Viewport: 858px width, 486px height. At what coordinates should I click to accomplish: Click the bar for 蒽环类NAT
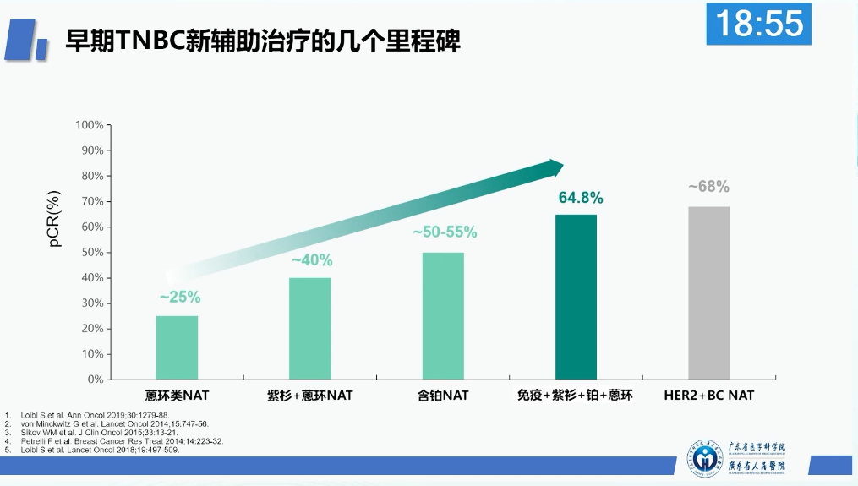[x=177, y=347]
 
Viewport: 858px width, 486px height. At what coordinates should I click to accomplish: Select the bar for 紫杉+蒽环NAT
[x=310, y=328]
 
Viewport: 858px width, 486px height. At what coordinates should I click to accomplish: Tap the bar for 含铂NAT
[x=443, y=315]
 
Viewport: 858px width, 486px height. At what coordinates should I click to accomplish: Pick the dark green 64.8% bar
[x=576, y=297]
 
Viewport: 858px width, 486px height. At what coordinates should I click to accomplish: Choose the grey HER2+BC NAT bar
[x=708, y=292]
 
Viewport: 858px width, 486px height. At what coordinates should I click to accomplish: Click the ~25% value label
[x=180, y=297]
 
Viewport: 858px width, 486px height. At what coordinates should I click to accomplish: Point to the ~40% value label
[x=312, y=260]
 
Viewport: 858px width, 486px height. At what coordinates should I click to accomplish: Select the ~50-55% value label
[x=445, y=232]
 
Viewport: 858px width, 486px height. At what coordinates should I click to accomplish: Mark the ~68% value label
[x=708, y=187]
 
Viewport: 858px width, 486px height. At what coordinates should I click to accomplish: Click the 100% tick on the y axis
[x=90, y=125]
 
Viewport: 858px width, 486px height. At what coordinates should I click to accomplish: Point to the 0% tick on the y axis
[x=95, y=380]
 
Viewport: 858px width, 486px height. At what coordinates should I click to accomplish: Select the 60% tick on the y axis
[x=92, y=227]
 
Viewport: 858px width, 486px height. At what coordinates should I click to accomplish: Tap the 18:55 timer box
[x=758, y=24]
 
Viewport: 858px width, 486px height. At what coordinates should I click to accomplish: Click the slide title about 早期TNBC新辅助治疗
[x=263, y=41]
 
